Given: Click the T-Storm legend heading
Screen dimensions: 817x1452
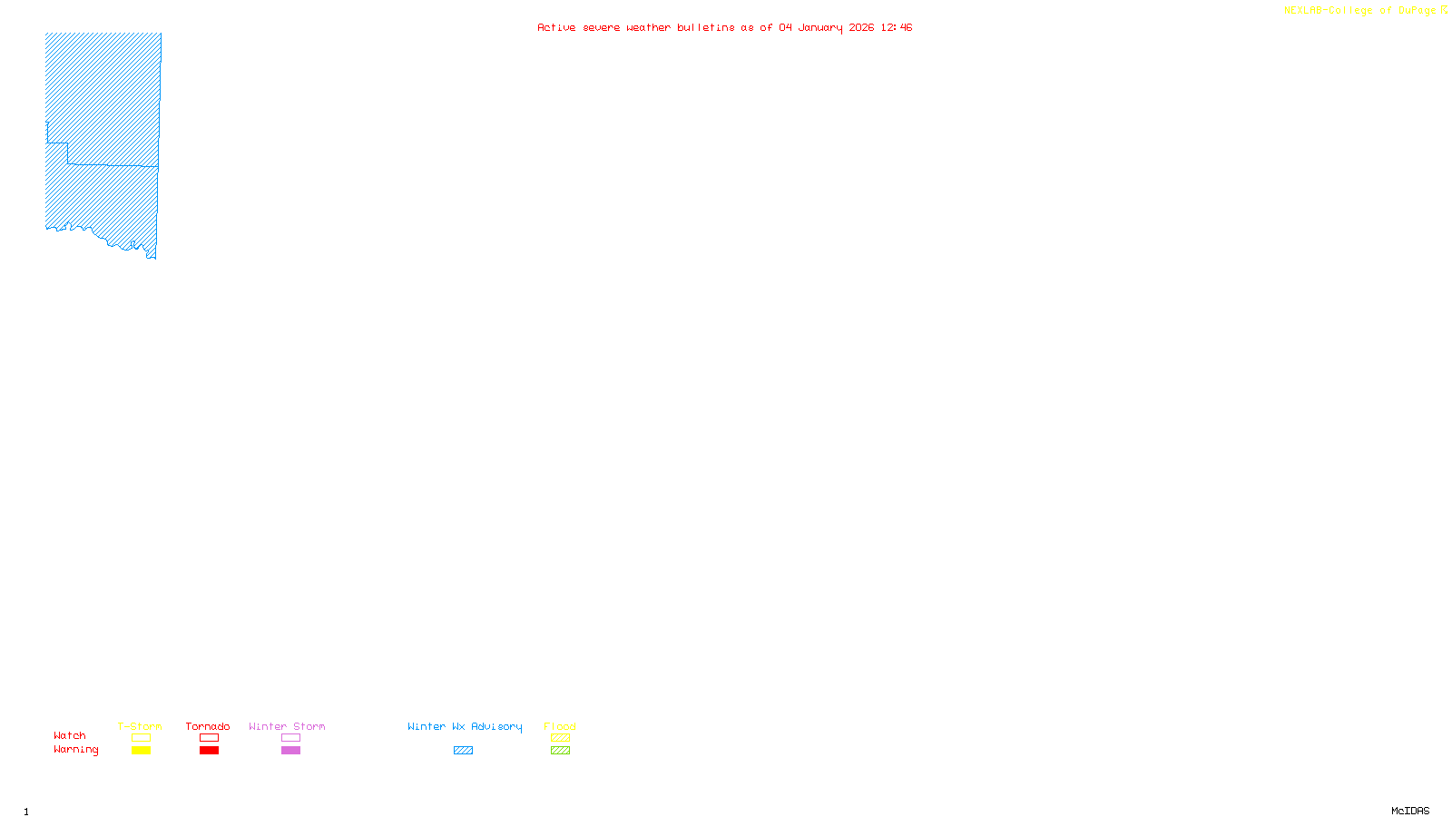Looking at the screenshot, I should point(140,726).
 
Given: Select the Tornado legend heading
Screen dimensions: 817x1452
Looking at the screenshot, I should point(208,726).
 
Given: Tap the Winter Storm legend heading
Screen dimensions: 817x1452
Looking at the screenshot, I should point(287,726).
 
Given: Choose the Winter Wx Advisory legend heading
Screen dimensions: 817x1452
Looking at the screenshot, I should point(465,726).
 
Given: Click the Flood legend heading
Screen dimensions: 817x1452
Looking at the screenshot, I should point(560,726).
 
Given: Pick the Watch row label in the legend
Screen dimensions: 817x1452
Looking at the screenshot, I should point(70,735).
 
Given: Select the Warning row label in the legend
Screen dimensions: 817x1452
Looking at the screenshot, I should point(75,750).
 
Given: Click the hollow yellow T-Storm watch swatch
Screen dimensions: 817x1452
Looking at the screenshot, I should point(141,738).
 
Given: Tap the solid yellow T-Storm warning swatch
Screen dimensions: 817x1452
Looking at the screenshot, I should point(141,751).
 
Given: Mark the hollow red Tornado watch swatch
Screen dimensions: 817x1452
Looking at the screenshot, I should point(209,738).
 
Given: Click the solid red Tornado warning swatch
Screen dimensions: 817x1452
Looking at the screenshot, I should point(209,751).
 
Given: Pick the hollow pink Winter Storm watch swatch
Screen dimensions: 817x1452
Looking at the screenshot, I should point(290,738).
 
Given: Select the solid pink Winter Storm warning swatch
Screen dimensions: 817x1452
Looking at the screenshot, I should point(290,751).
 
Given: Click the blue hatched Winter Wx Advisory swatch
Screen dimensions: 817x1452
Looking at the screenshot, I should point(463,751).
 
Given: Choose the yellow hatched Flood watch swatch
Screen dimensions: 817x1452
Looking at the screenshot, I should point(560,738).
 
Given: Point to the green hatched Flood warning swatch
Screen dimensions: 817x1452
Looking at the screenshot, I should point(560,751).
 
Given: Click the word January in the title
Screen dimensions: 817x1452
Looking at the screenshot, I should point(820,27).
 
